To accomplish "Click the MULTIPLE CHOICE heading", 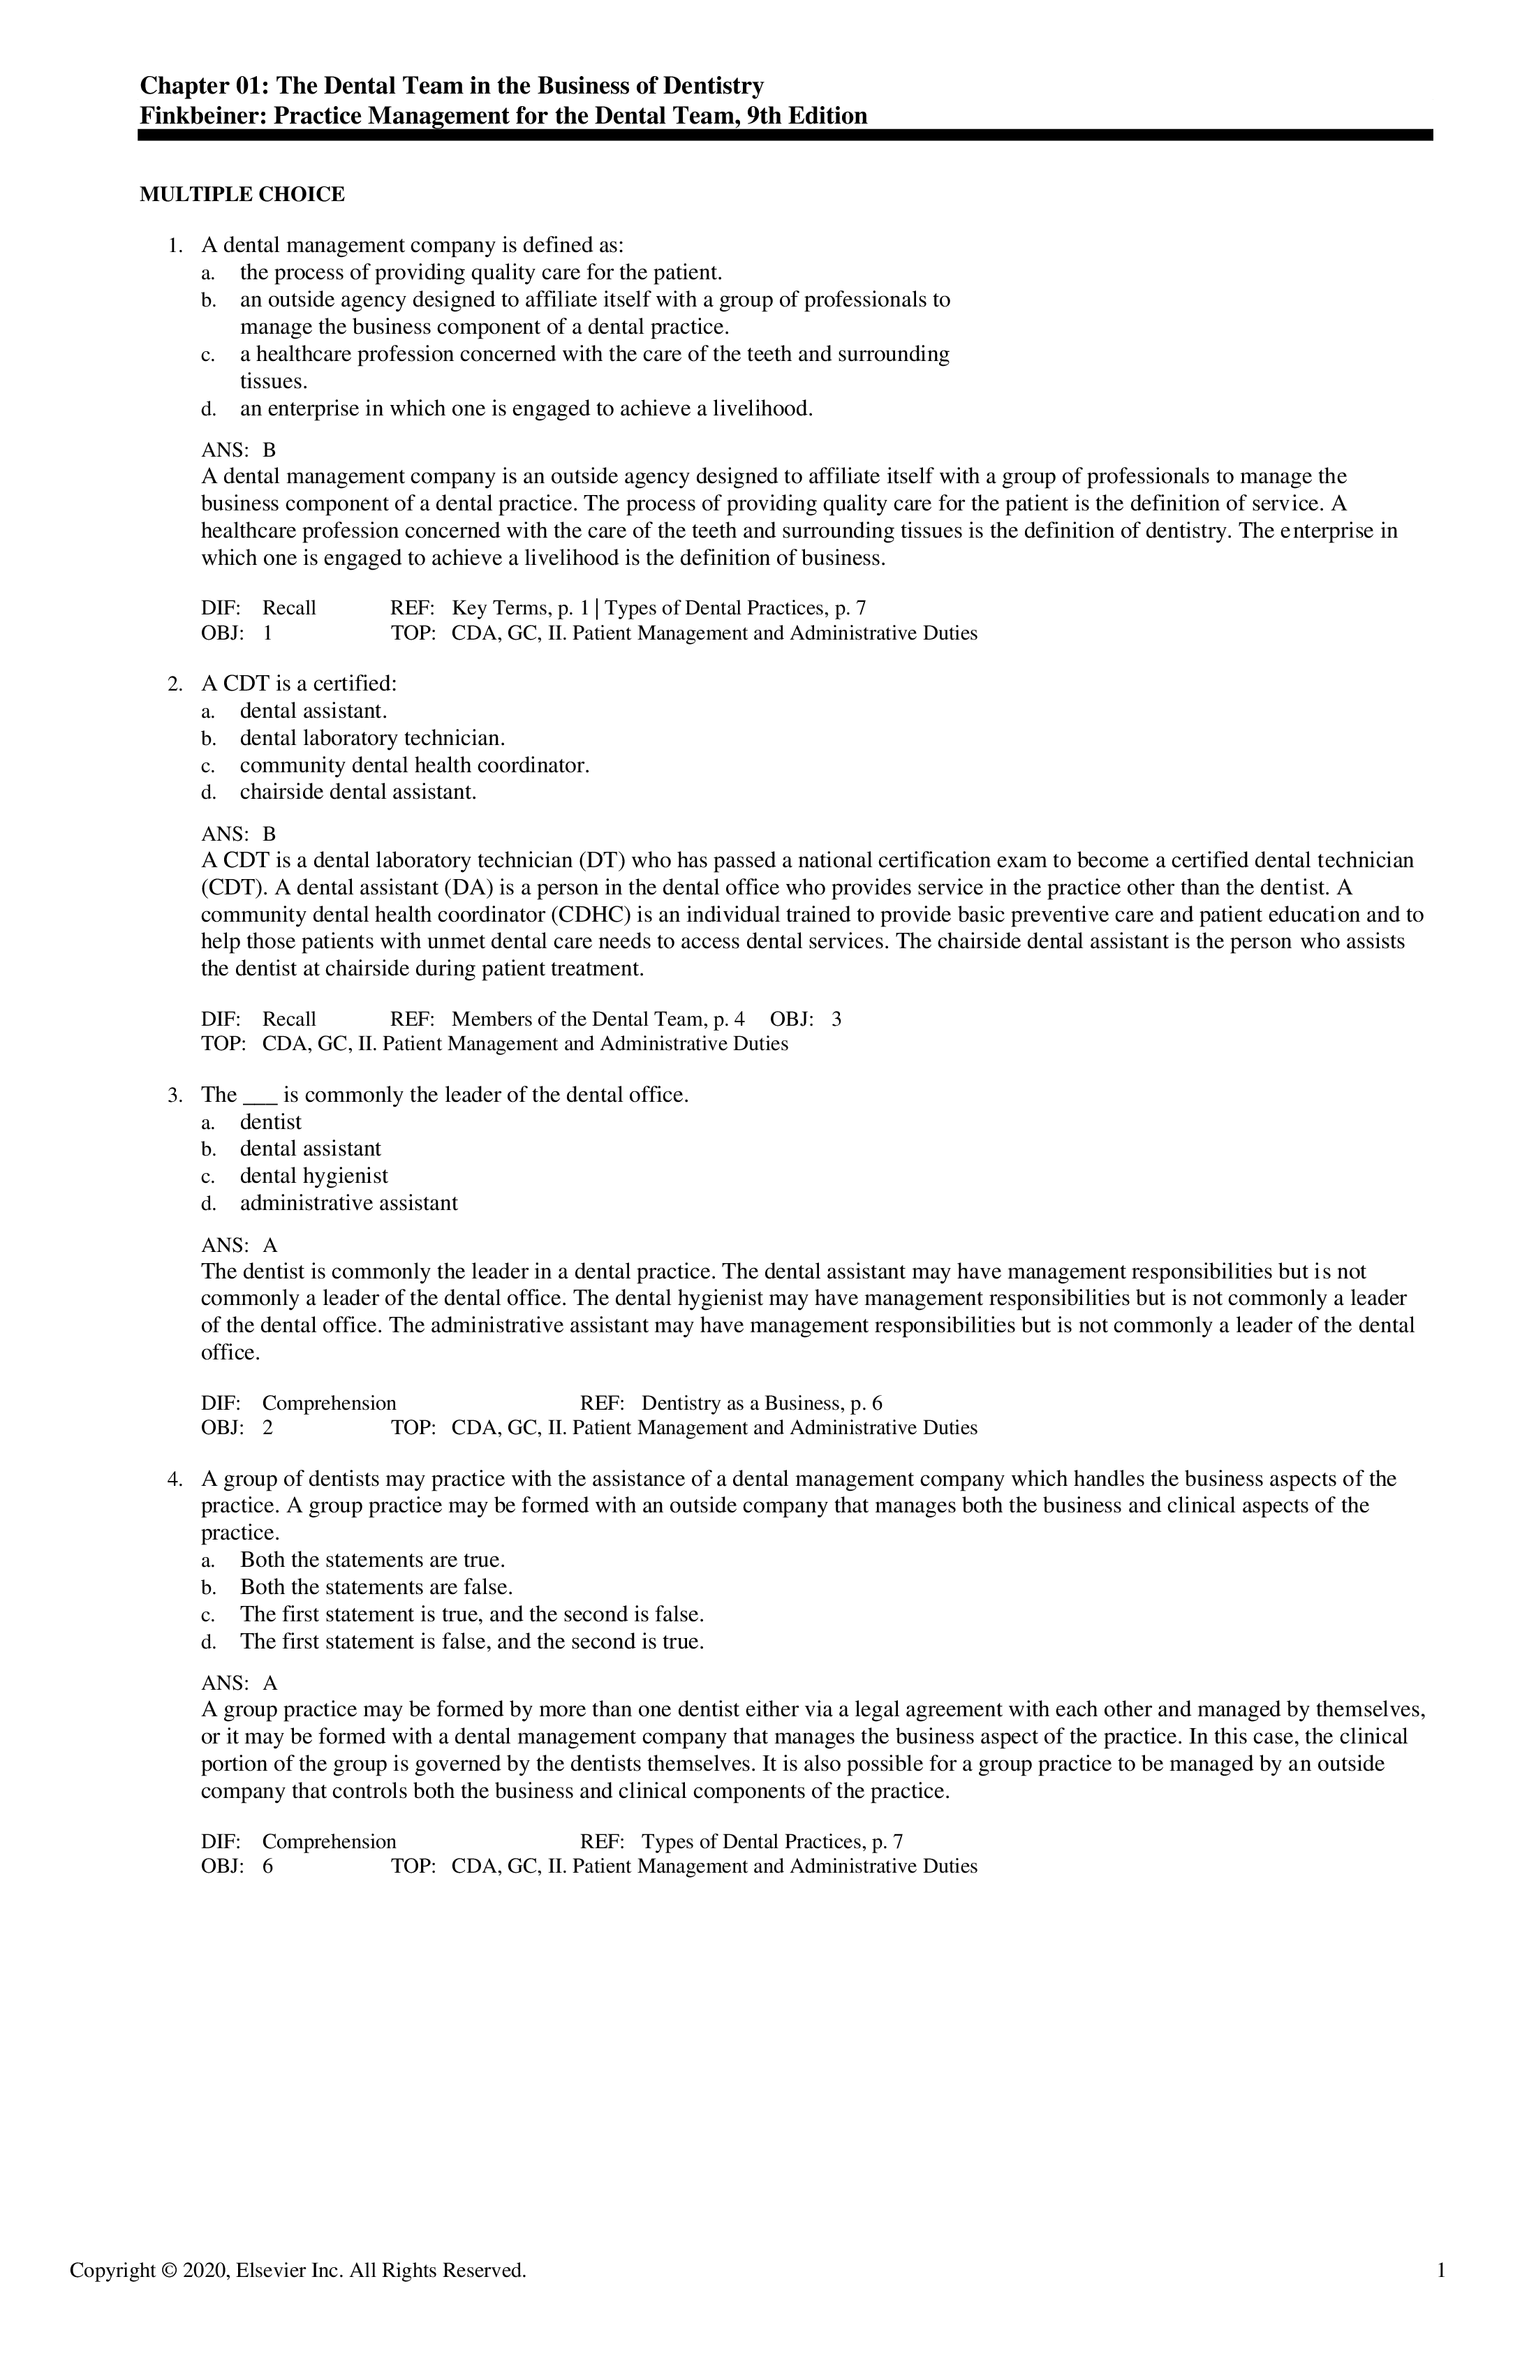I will coord(242,195).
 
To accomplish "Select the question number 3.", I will coord(175,1096).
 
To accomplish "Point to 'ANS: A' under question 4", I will coord(239,1683).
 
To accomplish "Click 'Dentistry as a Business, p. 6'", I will coord(761,1403).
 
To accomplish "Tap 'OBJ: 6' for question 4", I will coord(237,1866).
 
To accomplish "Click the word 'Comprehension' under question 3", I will coord(329,1403).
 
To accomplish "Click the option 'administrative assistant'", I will coord(348,1203).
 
